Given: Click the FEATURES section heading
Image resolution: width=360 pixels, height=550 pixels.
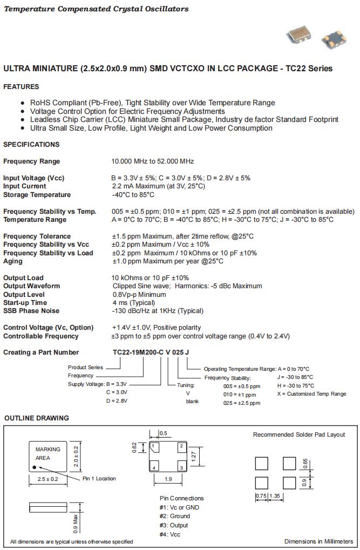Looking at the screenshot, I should tap(21, 87).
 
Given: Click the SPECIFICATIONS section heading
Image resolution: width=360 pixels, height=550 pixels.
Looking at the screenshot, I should tap(31, 145).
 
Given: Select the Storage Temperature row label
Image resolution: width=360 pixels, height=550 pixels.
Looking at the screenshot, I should tap(37, 195).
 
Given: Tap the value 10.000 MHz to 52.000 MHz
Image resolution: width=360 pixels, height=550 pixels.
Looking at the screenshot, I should tap(152, 161).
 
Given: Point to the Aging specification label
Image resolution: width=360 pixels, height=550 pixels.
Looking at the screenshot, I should tap(13, 261).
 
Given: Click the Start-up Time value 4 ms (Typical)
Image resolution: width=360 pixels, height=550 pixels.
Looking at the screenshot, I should tap(133, 303).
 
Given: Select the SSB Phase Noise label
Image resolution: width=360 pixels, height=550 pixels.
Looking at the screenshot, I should tap(31, 311).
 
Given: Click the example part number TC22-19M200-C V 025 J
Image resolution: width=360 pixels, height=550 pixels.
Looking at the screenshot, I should tap(151, 352).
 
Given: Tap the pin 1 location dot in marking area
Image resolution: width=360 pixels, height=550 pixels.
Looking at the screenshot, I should tap(35, 467).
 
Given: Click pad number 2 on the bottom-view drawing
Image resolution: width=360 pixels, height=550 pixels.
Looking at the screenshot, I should tap(181, 446).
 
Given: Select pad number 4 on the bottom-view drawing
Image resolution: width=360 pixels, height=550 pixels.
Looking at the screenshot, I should tap(154, 467).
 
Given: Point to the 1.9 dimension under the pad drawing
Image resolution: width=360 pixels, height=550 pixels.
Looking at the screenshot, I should tap(168, 479).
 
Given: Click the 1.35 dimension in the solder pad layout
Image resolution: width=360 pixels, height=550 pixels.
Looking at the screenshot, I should tap(274, 495).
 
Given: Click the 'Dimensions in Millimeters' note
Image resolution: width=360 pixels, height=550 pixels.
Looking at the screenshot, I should tap(318, 541).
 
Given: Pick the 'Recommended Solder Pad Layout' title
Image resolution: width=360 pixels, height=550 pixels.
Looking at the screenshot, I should tap(298, 434).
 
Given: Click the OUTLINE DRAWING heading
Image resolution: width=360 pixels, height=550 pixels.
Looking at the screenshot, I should tap(37, 418).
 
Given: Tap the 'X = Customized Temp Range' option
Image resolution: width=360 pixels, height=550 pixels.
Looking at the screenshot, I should tap(311, 394).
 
